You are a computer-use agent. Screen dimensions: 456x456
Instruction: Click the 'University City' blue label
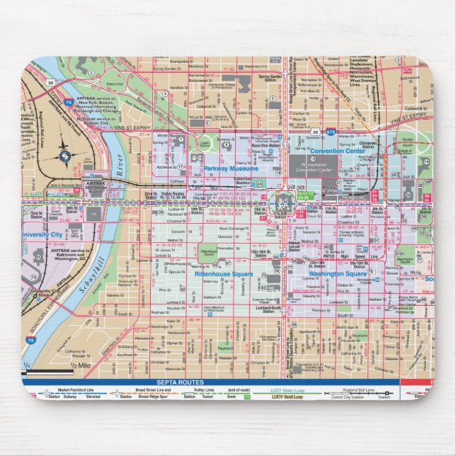click(x=41, y=234)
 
